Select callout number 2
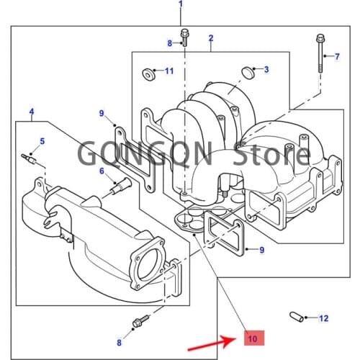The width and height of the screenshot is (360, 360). (x=211, y=37)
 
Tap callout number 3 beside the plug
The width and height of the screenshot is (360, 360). (x=266, y=69)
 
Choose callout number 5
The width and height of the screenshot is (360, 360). (x=42, y=140)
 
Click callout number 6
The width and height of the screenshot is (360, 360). (x=102, y=171)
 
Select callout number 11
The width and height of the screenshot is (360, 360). (x=169, y=71)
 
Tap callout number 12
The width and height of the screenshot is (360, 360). (x=323, y=318)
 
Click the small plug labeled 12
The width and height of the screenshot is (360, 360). (x=295, y=316)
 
